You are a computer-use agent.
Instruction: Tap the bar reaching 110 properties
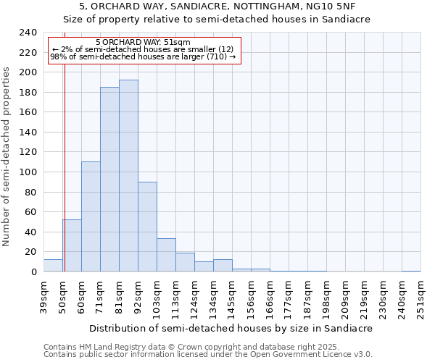click(x=91, y=216)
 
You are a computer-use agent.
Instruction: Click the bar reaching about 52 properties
click(x=72, y=245)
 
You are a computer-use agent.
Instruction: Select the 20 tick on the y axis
click(x=30, y=252)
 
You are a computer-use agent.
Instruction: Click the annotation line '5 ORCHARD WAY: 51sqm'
click(x=143, y=42)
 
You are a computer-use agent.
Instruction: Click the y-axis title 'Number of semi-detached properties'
click(x=7, y=156)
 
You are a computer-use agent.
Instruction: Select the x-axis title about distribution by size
click(x=232, y=328)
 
